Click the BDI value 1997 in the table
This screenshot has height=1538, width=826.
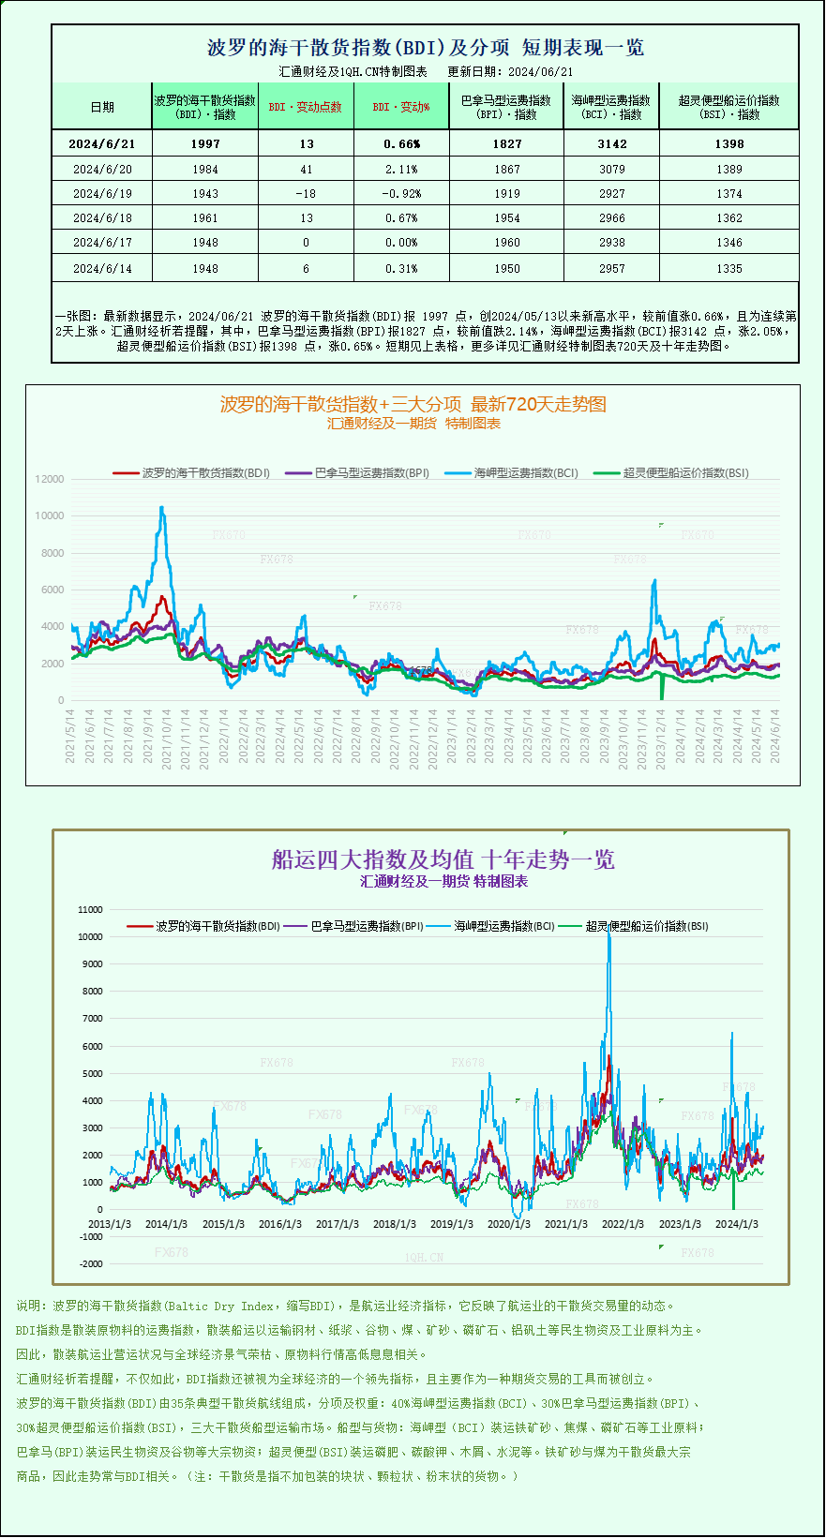coord(204,143)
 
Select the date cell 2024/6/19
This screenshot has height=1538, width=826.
coord(102,194)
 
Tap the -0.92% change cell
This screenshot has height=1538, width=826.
coord(400,194)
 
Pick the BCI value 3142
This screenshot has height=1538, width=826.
coord(611,143)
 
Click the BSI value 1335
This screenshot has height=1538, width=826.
coord(728,269)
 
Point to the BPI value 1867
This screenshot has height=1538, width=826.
coord(506,170)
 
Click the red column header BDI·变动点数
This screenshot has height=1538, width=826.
coord(306,107)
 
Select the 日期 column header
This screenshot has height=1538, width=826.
coord(102,107)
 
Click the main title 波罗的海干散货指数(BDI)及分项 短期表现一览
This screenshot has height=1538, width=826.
coord(425,48)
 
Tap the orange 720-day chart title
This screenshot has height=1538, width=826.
coord(413,404)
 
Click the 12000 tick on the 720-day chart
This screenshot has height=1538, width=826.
coord(50,479)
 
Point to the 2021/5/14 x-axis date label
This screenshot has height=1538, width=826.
coord(70,736)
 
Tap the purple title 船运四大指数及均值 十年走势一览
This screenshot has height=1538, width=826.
coord(443,859)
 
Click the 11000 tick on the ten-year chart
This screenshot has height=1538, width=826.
coord(91,909)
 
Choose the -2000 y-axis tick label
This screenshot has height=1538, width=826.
coord(91,1264)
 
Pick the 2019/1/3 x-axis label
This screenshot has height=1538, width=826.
coord(451,1224)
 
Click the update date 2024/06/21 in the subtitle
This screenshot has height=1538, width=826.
coord(541,71)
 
